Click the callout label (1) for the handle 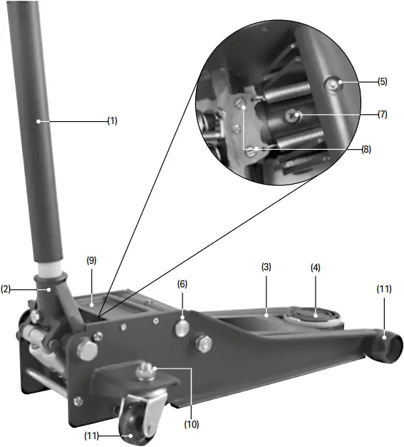click(x=112, y=121)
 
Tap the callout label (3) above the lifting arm click(x=266, y=267)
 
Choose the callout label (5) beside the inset click(x=383, y=82)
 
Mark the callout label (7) click(x=383, y=114)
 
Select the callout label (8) click(x=366, y=150)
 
